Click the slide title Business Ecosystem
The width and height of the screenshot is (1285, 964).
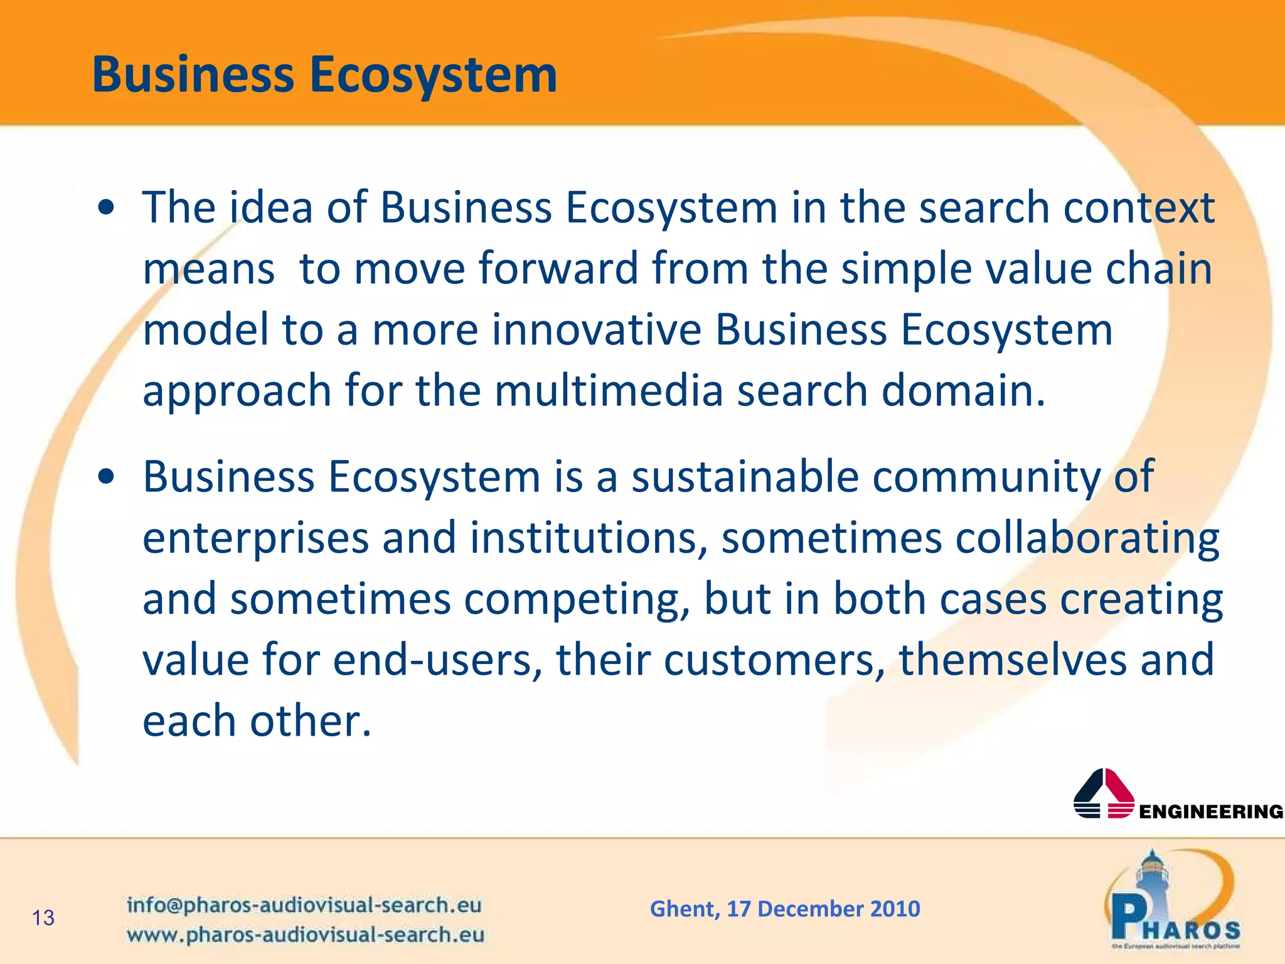coord(324,75)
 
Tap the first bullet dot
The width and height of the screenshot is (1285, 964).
coord(106,208)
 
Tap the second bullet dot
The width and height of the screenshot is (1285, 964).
coord(106,478)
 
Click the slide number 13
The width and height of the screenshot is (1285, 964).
coord(43,918)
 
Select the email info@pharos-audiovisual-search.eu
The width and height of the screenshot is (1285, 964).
coord(304,905)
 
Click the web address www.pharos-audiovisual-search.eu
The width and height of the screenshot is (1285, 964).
coord(306,935)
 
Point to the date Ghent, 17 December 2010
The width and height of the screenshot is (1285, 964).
coord(785,909)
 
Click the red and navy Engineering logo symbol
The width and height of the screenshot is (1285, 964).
coord(1104,793)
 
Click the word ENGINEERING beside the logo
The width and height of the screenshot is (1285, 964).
coord(1211,812)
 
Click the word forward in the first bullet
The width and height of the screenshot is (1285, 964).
coord(558,269)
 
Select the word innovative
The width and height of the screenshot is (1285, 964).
coord(596,329)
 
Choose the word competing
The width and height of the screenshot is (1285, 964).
coord(572,599)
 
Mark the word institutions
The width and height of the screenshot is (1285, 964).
coord(584,538)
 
